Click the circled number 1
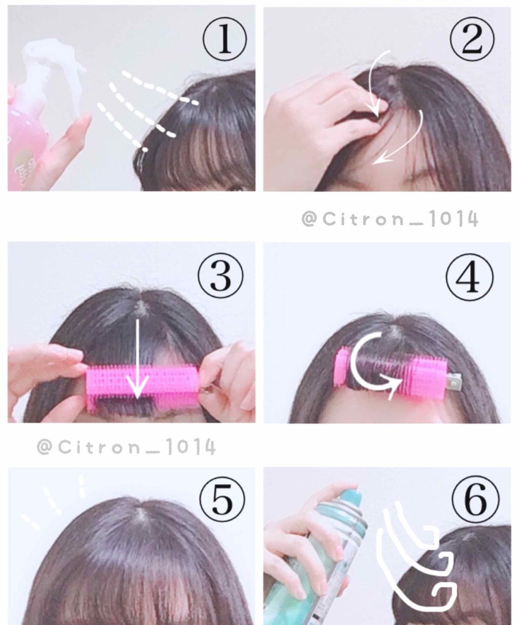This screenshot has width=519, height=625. tap(225, 40)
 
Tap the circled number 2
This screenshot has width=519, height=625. tap(471, 40)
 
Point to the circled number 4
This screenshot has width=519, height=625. tap(470, 277)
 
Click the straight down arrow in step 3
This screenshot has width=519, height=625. tap(136, 355)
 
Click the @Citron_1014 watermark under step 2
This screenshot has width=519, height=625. tap(389, 219)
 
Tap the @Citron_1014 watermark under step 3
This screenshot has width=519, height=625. tap(126, 447)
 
